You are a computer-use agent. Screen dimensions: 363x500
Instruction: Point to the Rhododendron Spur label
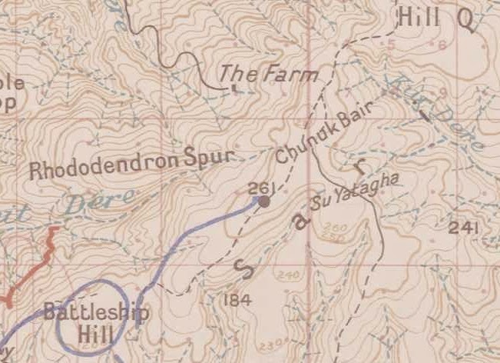point(130,163)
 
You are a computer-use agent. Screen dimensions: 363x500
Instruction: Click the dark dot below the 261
point(263,201)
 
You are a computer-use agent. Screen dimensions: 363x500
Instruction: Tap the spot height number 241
point(465,228)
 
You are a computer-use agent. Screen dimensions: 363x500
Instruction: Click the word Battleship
point(96,313)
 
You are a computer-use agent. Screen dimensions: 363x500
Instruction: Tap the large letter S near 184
point(243,268)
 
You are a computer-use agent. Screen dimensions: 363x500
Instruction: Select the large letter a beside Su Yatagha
point(302,221)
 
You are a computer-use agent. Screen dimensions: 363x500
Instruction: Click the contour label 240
point(289,275)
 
